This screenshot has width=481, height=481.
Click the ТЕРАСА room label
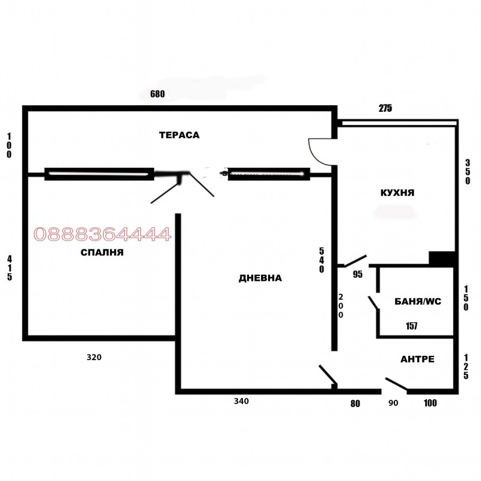tap(179, 135)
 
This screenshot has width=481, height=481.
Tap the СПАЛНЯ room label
tap(102, 253)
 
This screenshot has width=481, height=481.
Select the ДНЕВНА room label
tap(260, 278)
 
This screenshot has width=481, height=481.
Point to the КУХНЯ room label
tap(397, 192)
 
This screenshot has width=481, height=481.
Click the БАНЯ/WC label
tap(418, 302)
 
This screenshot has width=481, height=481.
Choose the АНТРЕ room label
tap(417, 359)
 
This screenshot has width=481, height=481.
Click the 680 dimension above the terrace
tap(158, 94)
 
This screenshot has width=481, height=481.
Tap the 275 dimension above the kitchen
tap(385, 108)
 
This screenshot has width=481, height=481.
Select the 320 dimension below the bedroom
tap(94, 357)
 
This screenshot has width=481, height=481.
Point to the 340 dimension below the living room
tap(242, 401)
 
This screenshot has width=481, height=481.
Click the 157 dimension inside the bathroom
tap(411, 326)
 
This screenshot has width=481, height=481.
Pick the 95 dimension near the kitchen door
tap(358, 274)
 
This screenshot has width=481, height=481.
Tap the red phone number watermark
tap(102, 234)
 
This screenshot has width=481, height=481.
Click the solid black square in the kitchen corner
tap(441, 259)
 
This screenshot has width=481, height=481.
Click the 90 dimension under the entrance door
tap(393, 403)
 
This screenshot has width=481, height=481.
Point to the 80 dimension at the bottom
tap(355, 403)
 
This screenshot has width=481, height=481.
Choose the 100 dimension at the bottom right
tap(430, 403)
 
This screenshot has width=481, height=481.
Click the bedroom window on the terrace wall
tap(99, 174)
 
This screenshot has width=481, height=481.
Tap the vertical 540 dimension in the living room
tap(322, 260)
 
